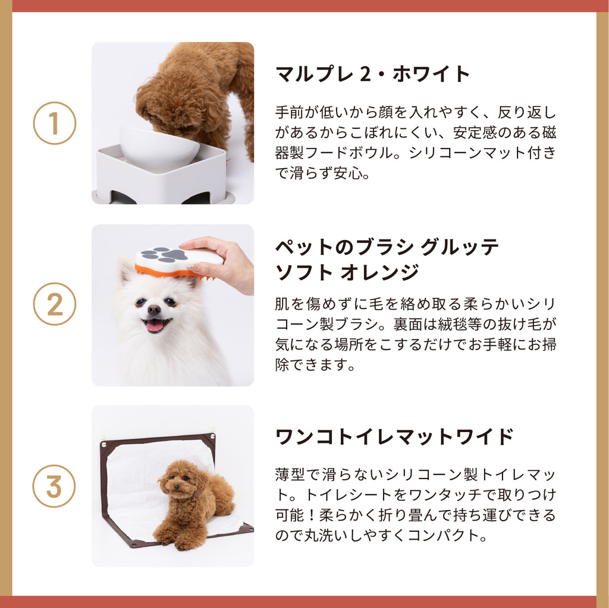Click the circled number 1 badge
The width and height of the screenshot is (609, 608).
point(54,123)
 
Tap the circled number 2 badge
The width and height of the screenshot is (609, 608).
point(54,304)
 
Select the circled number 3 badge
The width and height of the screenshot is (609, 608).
point(54,486)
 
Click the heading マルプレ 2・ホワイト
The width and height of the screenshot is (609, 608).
point(372,74)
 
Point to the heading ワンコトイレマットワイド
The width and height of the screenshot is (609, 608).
point(394,437)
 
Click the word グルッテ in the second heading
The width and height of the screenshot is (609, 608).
point(459,247)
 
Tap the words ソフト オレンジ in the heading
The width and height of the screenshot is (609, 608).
point(347,272)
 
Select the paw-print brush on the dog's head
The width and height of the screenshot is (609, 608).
point(178,262)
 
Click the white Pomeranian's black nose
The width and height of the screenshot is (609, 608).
point(154,310)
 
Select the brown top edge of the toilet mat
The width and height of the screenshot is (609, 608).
point(157,439)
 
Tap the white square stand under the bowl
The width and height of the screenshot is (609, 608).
point(161,174)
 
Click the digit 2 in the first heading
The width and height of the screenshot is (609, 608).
point(366,74)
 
